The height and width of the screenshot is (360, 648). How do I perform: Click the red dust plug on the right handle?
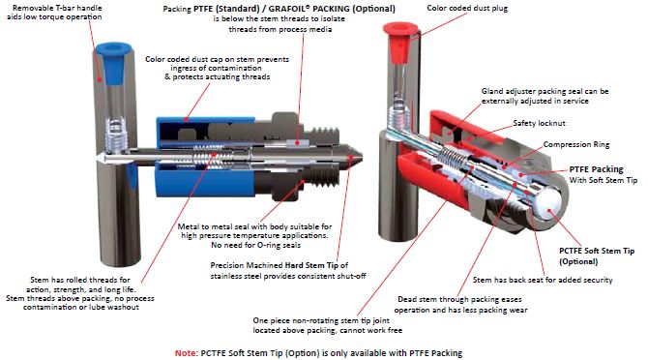click(x=400, y=43)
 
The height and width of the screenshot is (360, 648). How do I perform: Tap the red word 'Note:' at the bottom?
click(x=187, y=353)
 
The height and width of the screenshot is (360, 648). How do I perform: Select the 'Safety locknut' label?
click(x=539, y=123)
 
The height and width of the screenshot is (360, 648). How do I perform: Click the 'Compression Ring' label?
click(x=576, y=144)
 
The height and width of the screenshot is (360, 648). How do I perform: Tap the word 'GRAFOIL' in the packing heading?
click(x=287, y=9)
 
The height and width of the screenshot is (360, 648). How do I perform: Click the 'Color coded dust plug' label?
click(x=467, y=8)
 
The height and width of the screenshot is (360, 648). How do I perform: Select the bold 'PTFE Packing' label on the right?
click(x=596, y=169)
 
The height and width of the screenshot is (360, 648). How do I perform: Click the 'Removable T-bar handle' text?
click(x=57, y=8)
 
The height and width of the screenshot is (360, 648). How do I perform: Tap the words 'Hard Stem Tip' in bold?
click(x=312, y=265)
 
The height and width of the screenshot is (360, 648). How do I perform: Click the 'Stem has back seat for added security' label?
click(x=543, y=280)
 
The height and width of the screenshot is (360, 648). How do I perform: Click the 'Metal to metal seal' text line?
click(x=254, y=226)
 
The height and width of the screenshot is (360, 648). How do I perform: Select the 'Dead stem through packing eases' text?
click(x=459, y=299)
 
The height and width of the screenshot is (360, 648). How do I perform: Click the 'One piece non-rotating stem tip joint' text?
click(x=321, y=320)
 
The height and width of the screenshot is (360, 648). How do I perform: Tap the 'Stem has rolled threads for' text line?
click(x=80, y=280)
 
